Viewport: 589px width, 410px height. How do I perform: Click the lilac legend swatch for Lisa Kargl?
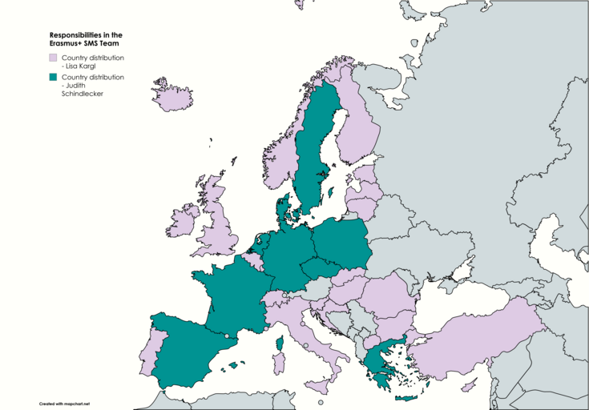(x=53, y=58)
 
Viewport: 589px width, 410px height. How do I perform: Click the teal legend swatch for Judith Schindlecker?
(x=53, y=78)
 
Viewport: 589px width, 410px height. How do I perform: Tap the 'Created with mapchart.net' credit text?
(x=64, y=404)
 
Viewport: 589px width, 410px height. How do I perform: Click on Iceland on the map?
(x=173, y=97)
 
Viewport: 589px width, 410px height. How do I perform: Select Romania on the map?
(x=389, y=301)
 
